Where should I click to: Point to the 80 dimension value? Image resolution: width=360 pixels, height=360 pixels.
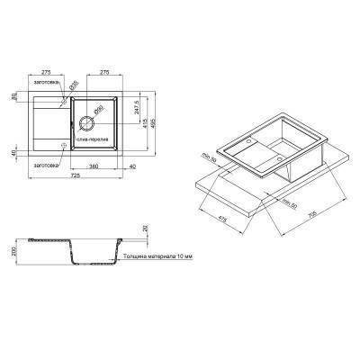tap(14, 95)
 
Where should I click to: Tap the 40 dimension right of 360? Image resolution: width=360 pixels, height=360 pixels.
tap(131, 166)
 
